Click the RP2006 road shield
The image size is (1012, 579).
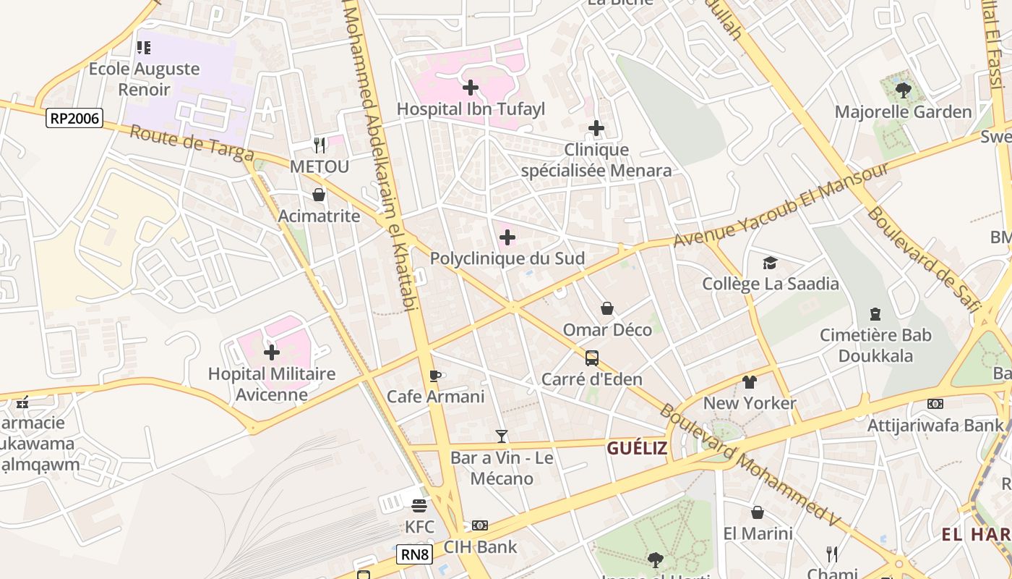point(74,118)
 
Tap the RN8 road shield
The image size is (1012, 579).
point(415,555)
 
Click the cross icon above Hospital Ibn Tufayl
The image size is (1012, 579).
point(471,88)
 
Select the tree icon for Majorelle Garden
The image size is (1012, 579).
point(903,90)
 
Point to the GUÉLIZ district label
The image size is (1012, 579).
point(637,448)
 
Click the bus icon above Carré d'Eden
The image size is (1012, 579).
point(592,358)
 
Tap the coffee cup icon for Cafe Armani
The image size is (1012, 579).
point(434,376)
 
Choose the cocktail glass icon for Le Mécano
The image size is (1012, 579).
point(502,436)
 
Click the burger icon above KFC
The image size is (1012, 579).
point(419,505)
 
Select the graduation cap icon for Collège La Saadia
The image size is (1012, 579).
point(771,263)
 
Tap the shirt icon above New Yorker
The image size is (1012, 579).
point(750,381)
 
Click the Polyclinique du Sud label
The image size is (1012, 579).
point(507,258)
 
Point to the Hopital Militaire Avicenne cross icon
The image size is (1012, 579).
point(272,352)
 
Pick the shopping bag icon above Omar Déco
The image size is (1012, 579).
point(607,309)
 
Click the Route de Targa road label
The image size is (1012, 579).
point(192,143)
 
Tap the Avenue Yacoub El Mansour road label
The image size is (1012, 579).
point(781,204)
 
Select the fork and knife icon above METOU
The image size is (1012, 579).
point(320,145)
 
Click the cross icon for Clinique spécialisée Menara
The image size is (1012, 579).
point(596,128)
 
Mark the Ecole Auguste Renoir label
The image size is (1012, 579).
point(144,80)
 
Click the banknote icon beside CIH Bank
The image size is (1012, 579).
point(480,525)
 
